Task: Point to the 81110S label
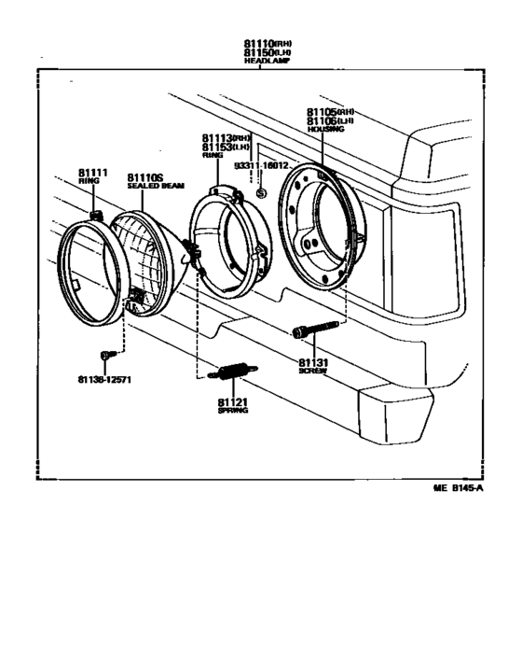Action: point(144,177)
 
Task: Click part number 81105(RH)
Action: point(330,111)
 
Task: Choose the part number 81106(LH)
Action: point(330,120)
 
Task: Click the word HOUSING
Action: point(325,130)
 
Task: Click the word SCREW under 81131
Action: point(312,371)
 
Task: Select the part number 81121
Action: point(232,401)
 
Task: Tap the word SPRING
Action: point(232,411)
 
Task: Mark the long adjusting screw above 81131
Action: point(313,330)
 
